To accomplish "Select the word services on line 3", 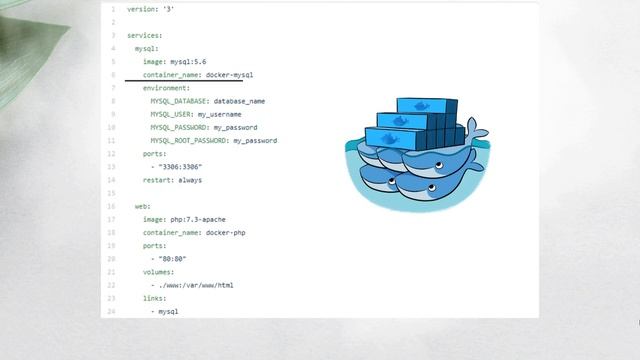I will (145, 36).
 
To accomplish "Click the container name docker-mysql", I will (229, 75).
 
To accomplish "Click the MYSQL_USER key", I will (171, 115).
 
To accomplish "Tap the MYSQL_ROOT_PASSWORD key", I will (189, 141).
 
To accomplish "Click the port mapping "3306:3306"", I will (181, 167).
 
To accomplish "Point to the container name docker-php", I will (225, 233).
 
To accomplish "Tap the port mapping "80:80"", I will (173, 259).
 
